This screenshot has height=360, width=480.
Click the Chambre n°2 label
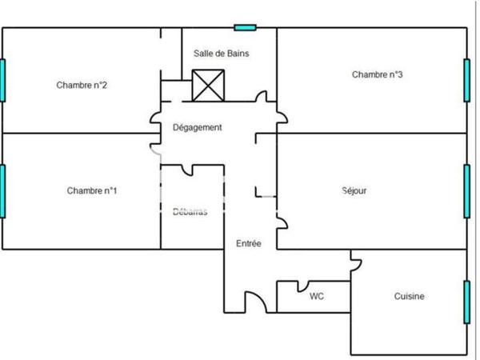pyautogui.click(x=77, y=85)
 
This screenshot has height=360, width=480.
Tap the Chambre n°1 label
pyautogui.click(x=92, y=190)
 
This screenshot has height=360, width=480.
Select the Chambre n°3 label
pyautogui.click(x=377, y=74)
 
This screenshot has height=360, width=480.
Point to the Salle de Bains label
pyautogui.click(x=222, y=54)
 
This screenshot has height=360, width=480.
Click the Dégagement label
pyautogui.click(x=198, y=127)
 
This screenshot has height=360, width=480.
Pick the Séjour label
pyautogui.click(x=354, y=190)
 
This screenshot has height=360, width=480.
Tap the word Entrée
pyautogui.click(x=248, y=243)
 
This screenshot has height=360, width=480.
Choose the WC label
pyautogui.click(x=317, y=296)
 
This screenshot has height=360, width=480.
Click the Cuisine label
pyautogui.click(x=409, y=296)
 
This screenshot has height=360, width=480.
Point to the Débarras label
pyautogui.click(x=190, y=212)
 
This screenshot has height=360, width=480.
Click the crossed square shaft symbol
pyautogui.click(x=208, y=86)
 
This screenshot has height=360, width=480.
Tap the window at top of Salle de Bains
pyautogui.click(x=245, y=27)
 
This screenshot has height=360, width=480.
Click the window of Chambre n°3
pyautogui.click(x=466, y=79)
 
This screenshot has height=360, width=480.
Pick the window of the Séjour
pyautogui.click(x=466, y=190)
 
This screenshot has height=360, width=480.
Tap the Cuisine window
pyautogui.click(x=466, y=302)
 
